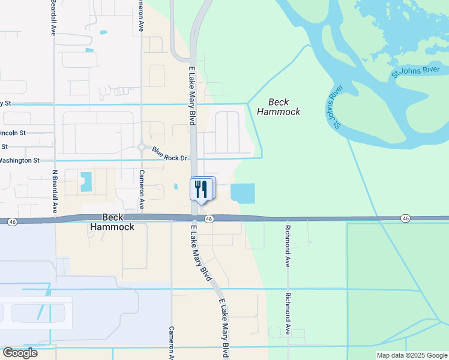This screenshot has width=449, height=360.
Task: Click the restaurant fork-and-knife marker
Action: tap(201, 189)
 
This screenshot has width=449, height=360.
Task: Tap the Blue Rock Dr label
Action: tap(170, 154)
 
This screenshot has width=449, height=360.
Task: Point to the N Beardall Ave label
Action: tap(54, 191)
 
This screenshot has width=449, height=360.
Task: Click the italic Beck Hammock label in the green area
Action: tap(279, 107)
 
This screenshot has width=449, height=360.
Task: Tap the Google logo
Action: tap(20, 353)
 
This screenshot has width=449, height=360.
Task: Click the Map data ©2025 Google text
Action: tap(412, 355)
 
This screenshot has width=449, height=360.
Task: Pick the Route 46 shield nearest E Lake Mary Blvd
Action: tap(209, 220)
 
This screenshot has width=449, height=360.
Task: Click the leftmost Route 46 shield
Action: tap(13, 222)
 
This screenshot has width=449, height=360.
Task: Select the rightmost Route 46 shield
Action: tap(406, 218)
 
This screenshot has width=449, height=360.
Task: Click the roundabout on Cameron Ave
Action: tap(142, 146)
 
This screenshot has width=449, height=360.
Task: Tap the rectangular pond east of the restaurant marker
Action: tap(243, 193)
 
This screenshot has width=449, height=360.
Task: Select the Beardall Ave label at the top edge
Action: tap(53, 17)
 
